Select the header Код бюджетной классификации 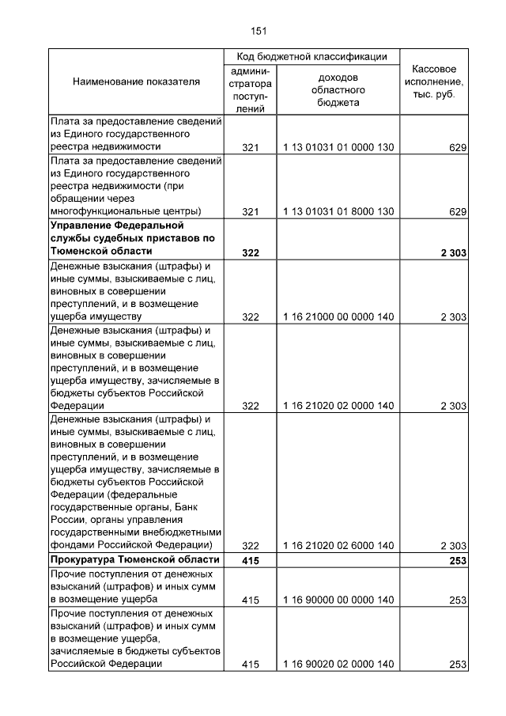pyautogui.click(x=312, y=56)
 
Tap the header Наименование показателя pyautogui.click(x=136, y=81)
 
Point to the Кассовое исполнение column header pyautogui.click(x=434, y=81)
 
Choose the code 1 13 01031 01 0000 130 pyautogui.click(x=338, y=147)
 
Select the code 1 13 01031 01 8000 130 pyautogui.click(x=338, y=211)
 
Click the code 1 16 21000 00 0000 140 pyautogui.click(x=338, y=316)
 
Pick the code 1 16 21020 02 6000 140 pyautogui.click(x=338, y=546)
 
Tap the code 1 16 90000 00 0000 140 pyautogui.click(x=338, y=600)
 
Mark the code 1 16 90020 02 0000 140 pyautogui.click(x=338, y=665)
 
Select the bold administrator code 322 pyautogui.click(x=251, y=252)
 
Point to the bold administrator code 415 pyautogui.click(x=251, y=560)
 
